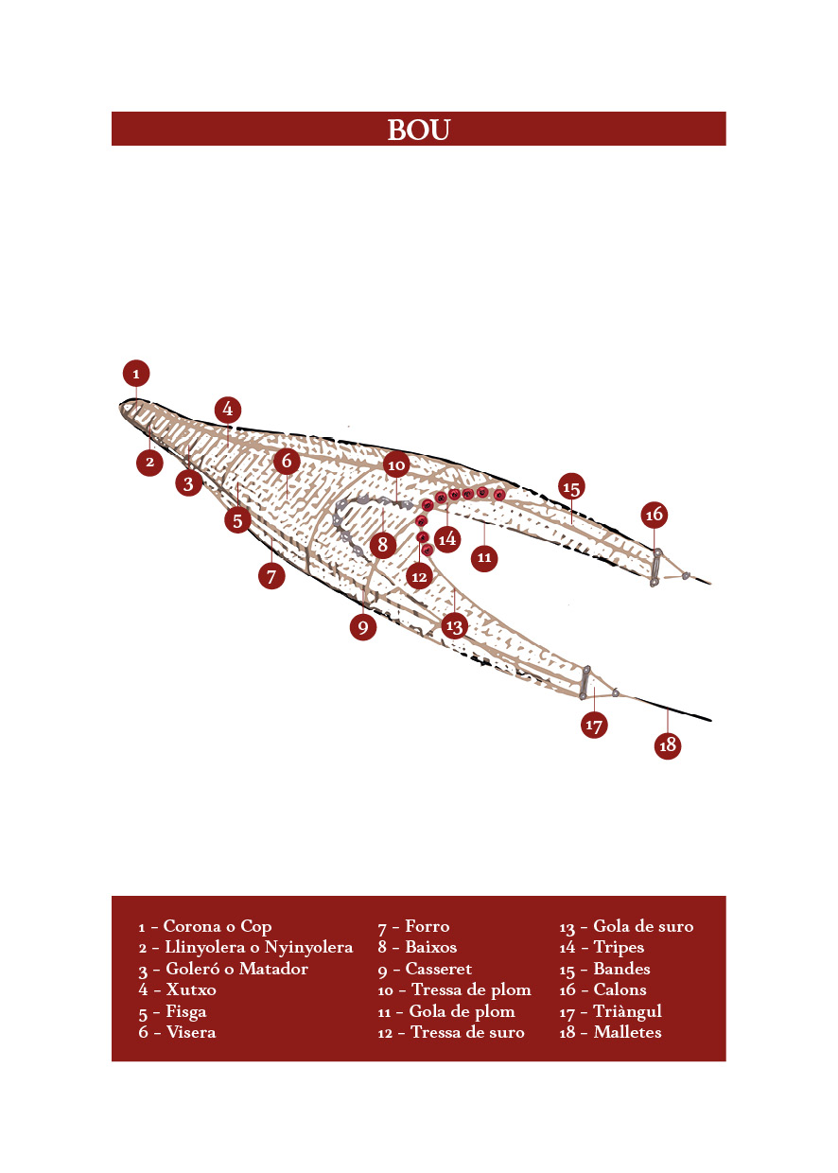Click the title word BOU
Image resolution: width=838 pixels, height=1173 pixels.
[x=418, y=130]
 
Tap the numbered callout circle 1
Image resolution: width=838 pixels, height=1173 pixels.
[x=136, y=374]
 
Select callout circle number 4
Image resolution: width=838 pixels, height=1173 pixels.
[x=228, y=409]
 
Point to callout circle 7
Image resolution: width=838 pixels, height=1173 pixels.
[x=271, y=576]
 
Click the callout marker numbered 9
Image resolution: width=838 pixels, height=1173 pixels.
[x=363, y=627]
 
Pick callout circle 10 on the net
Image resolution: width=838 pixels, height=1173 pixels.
[x=396, y=464]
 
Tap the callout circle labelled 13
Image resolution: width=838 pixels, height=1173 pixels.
[x=454, y=626]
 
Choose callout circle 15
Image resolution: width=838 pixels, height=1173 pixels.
[x=571, y=486]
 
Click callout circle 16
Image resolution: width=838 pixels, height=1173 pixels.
[x=654, y=515]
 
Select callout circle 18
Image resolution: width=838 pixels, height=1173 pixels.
[x=668, y=744]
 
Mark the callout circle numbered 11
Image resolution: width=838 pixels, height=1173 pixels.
[x=484, y=558]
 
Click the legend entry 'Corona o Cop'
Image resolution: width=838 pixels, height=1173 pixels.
[x=218, y=926]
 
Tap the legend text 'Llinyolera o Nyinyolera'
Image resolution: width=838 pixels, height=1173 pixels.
[x=259, y=947]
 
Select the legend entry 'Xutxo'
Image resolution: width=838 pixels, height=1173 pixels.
[x=191, y=989]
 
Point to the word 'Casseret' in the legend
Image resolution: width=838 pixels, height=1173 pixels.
[x=439, y=969]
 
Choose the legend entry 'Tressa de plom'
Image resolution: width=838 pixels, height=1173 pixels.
[x=471, y=989]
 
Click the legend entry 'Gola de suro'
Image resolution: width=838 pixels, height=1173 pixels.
[x=643, y=926]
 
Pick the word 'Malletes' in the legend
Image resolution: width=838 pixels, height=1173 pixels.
[x=628, y=1032]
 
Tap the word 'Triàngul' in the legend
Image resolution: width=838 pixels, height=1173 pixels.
[x=628, y=1011]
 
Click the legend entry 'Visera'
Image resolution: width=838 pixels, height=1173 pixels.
[x=191, y=1032]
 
